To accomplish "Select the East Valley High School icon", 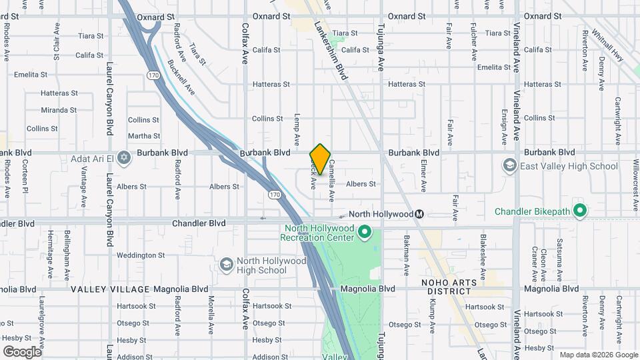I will coord(509,165).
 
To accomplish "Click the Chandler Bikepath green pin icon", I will coord(580,211).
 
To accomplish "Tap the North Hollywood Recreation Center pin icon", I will coord(364,232).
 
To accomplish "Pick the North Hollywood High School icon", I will coord(226,265).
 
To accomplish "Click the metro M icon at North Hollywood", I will coord(419,214).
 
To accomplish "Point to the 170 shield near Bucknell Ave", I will coord(153,75).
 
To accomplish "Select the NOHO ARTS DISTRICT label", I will coord(449,287).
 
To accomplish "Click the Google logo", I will coord(22,351).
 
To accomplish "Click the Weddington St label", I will coord(141,255).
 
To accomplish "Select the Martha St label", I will coord(144,135).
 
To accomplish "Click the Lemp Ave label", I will coord(297,127).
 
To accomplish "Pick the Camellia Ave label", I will coord(331,179).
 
